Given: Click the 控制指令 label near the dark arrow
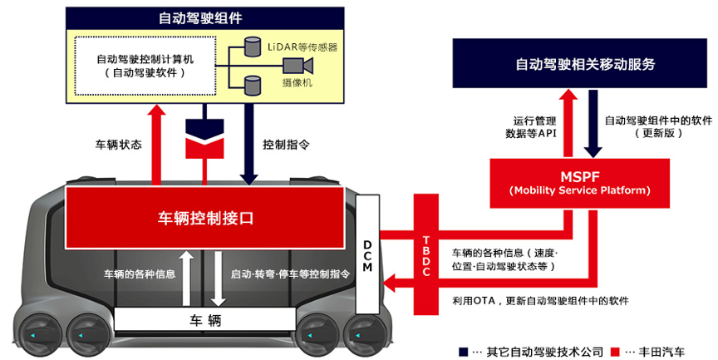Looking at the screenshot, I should point(286,144).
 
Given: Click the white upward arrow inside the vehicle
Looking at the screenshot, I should point(189,275).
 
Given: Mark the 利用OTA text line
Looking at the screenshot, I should point(540,300).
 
